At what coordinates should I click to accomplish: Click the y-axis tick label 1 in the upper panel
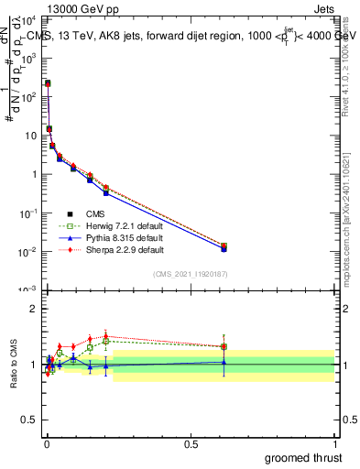tap(34, 174)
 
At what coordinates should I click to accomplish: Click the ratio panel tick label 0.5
tap(30, 421)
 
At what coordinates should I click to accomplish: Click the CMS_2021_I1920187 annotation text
tap(191, 273)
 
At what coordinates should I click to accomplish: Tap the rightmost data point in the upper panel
tap(224, 246)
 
